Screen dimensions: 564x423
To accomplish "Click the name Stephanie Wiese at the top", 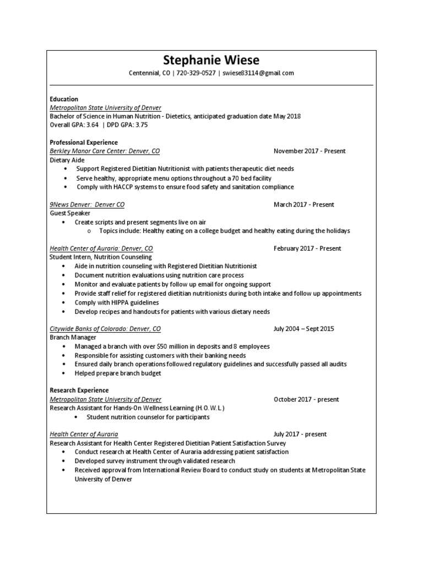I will pyautogui.click(x=211, y=60).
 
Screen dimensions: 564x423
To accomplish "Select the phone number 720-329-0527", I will pyautogui.click(x=196, y=73).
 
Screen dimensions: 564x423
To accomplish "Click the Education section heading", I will pyautogui.click(x=64, y=99).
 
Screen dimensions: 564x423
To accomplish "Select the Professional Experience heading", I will pyautogui.click(x=84, y=143).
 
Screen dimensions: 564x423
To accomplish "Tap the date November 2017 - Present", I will pyautogui.click(x=310, y=151).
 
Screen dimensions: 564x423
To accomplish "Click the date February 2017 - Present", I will pyautogui.click(x=307, y=248).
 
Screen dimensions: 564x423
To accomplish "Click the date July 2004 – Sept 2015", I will pyautogui.click(x=303, y=329).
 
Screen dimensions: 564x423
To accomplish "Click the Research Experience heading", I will pyautogui.click(x=79, y=391).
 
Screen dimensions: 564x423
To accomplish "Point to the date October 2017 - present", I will pyautogui.click(x=306, y=399).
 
